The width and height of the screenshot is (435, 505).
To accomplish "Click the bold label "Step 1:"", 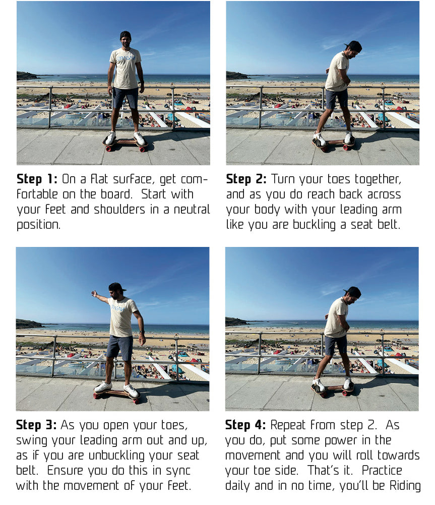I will [37, 179].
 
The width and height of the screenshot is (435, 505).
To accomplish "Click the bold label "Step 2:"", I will [246, 179].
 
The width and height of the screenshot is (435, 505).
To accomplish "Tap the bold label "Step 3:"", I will [36, 425].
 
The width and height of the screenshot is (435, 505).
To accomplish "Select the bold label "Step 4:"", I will [245, 425].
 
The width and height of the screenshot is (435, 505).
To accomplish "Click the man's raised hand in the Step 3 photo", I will [94, 293].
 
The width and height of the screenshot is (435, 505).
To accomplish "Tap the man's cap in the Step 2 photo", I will [354, 45].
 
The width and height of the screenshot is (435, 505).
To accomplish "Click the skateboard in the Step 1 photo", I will [126, 143].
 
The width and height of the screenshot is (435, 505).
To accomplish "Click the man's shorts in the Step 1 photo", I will [125, 98].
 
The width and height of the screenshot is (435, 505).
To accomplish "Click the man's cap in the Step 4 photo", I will [353, 291].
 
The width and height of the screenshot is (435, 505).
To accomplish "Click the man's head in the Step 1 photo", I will [125, 39].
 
